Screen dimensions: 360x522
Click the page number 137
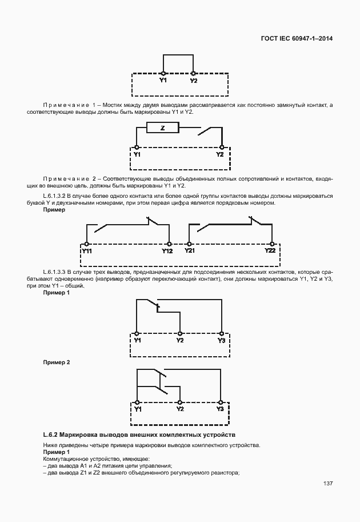327,483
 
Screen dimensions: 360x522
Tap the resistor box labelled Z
163,128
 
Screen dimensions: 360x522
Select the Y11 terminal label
87,251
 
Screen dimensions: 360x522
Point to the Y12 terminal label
167,251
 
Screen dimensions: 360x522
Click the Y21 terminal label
190,250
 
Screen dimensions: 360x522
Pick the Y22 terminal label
270,250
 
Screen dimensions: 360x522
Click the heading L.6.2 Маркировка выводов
138,435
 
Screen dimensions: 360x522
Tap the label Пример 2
57,362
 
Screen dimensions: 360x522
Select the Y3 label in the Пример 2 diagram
221,409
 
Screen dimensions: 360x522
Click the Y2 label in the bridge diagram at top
194,81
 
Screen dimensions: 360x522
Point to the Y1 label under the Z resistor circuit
137,154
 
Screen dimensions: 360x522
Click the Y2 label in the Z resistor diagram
220,154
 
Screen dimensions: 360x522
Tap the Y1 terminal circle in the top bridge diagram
163,73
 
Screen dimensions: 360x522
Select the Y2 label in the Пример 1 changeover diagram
180,340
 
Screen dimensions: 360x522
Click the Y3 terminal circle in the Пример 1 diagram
221,333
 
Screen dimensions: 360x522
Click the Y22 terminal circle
270,244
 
